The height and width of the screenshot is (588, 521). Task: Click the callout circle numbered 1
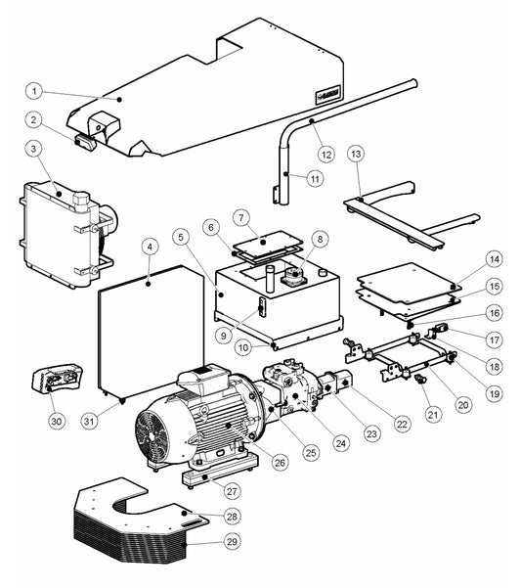[34, 91]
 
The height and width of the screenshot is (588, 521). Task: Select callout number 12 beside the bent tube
[326, 155]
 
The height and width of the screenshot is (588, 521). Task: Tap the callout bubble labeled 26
[281, 463]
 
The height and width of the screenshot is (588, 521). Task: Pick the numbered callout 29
[232, 541]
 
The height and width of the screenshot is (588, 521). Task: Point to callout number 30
[57, 421]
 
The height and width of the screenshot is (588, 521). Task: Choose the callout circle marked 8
[320, 240]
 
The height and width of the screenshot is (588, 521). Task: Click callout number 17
[494, 339]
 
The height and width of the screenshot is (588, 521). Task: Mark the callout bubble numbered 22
[402, 425]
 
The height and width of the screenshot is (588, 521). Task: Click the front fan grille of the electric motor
[152, 436]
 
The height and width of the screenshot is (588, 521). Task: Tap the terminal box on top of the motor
[202, 377]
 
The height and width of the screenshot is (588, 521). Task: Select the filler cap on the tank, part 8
[294, 275]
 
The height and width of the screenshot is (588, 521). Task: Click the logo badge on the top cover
[327, 95]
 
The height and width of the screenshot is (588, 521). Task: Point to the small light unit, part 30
[57, 376]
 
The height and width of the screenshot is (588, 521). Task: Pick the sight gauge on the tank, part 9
[262, 306]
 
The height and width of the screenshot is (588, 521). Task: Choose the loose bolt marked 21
[421, 380]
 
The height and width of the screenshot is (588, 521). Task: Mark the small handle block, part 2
[86, 142]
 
